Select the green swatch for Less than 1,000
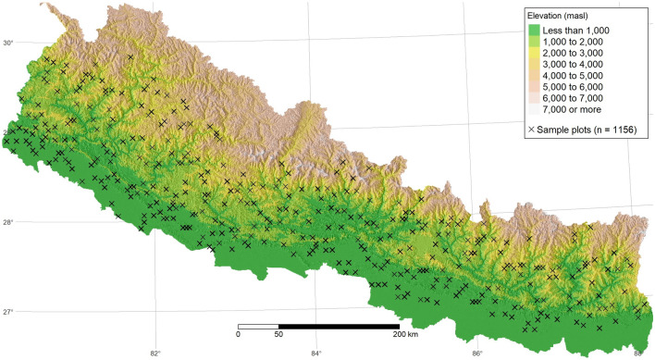tap(534, 31)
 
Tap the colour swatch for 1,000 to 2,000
tap(534, 44)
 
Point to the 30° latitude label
tap(9, 43)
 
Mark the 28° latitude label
tap(9, 222)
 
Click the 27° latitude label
tap(9, 312)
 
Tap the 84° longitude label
tap(316, 353)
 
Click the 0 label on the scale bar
tap(239, 334)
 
